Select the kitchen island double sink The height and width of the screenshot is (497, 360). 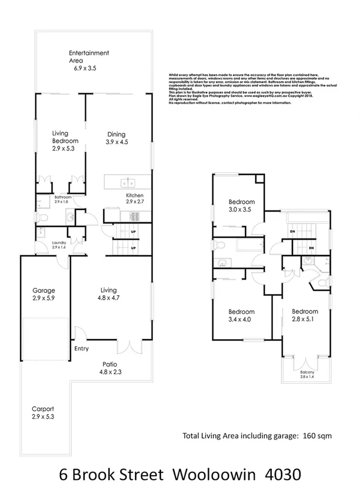pyautogui.click(x=127, y=184)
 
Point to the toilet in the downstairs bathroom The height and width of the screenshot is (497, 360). pyautogui.click(x=43, y=217)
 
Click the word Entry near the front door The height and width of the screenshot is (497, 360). pyautogui.click(x=82, y=348)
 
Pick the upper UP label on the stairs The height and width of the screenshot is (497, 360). pyautogui.click(x=133, y=232)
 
